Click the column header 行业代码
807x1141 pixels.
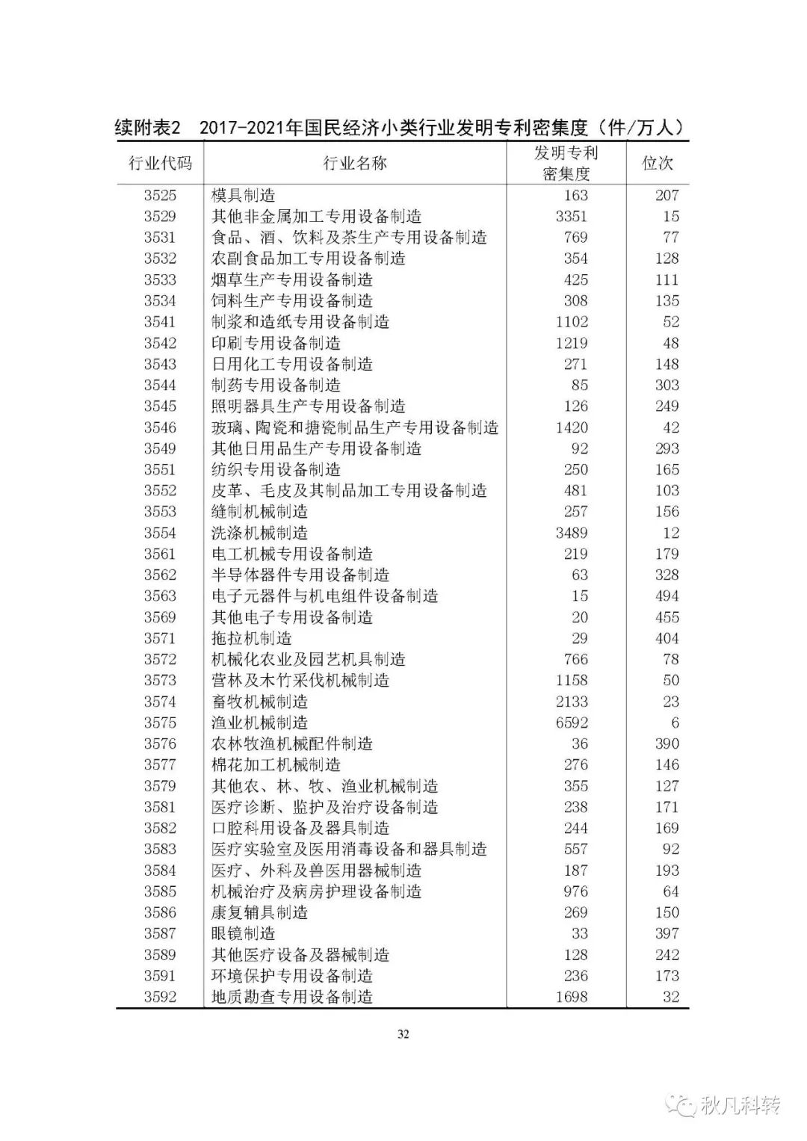coord(160,164)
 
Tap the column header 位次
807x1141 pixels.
coord(658,164)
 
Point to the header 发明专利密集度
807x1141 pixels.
coord(566,164)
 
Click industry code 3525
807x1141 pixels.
coord(160,196)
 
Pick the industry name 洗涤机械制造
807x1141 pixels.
coord(259,534)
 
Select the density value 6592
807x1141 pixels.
coord(572,723)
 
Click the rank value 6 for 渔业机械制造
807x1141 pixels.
coord(675,723)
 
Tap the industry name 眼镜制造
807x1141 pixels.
coord(243,934)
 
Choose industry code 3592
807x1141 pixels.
coord(160,998)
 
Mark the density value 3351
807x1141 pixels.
coord(572,217)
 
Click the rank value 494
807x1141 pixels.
coord(667,596)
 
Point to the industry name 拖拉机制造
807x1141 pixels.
coord(251,639)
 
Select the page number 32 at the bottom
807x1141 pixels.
coord(403,1035)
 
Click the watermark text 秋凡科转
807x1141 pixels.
coord(740,1105)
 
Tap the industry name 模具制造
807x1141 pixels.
coord(243,196)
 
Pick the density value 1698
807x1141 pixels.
coord(572,998)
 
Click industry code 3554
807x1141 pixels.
coord(160,534)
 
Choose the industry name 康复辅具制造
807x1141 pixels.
coord(259,913)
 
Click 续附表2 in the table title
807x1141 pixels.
coord(148,128)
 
